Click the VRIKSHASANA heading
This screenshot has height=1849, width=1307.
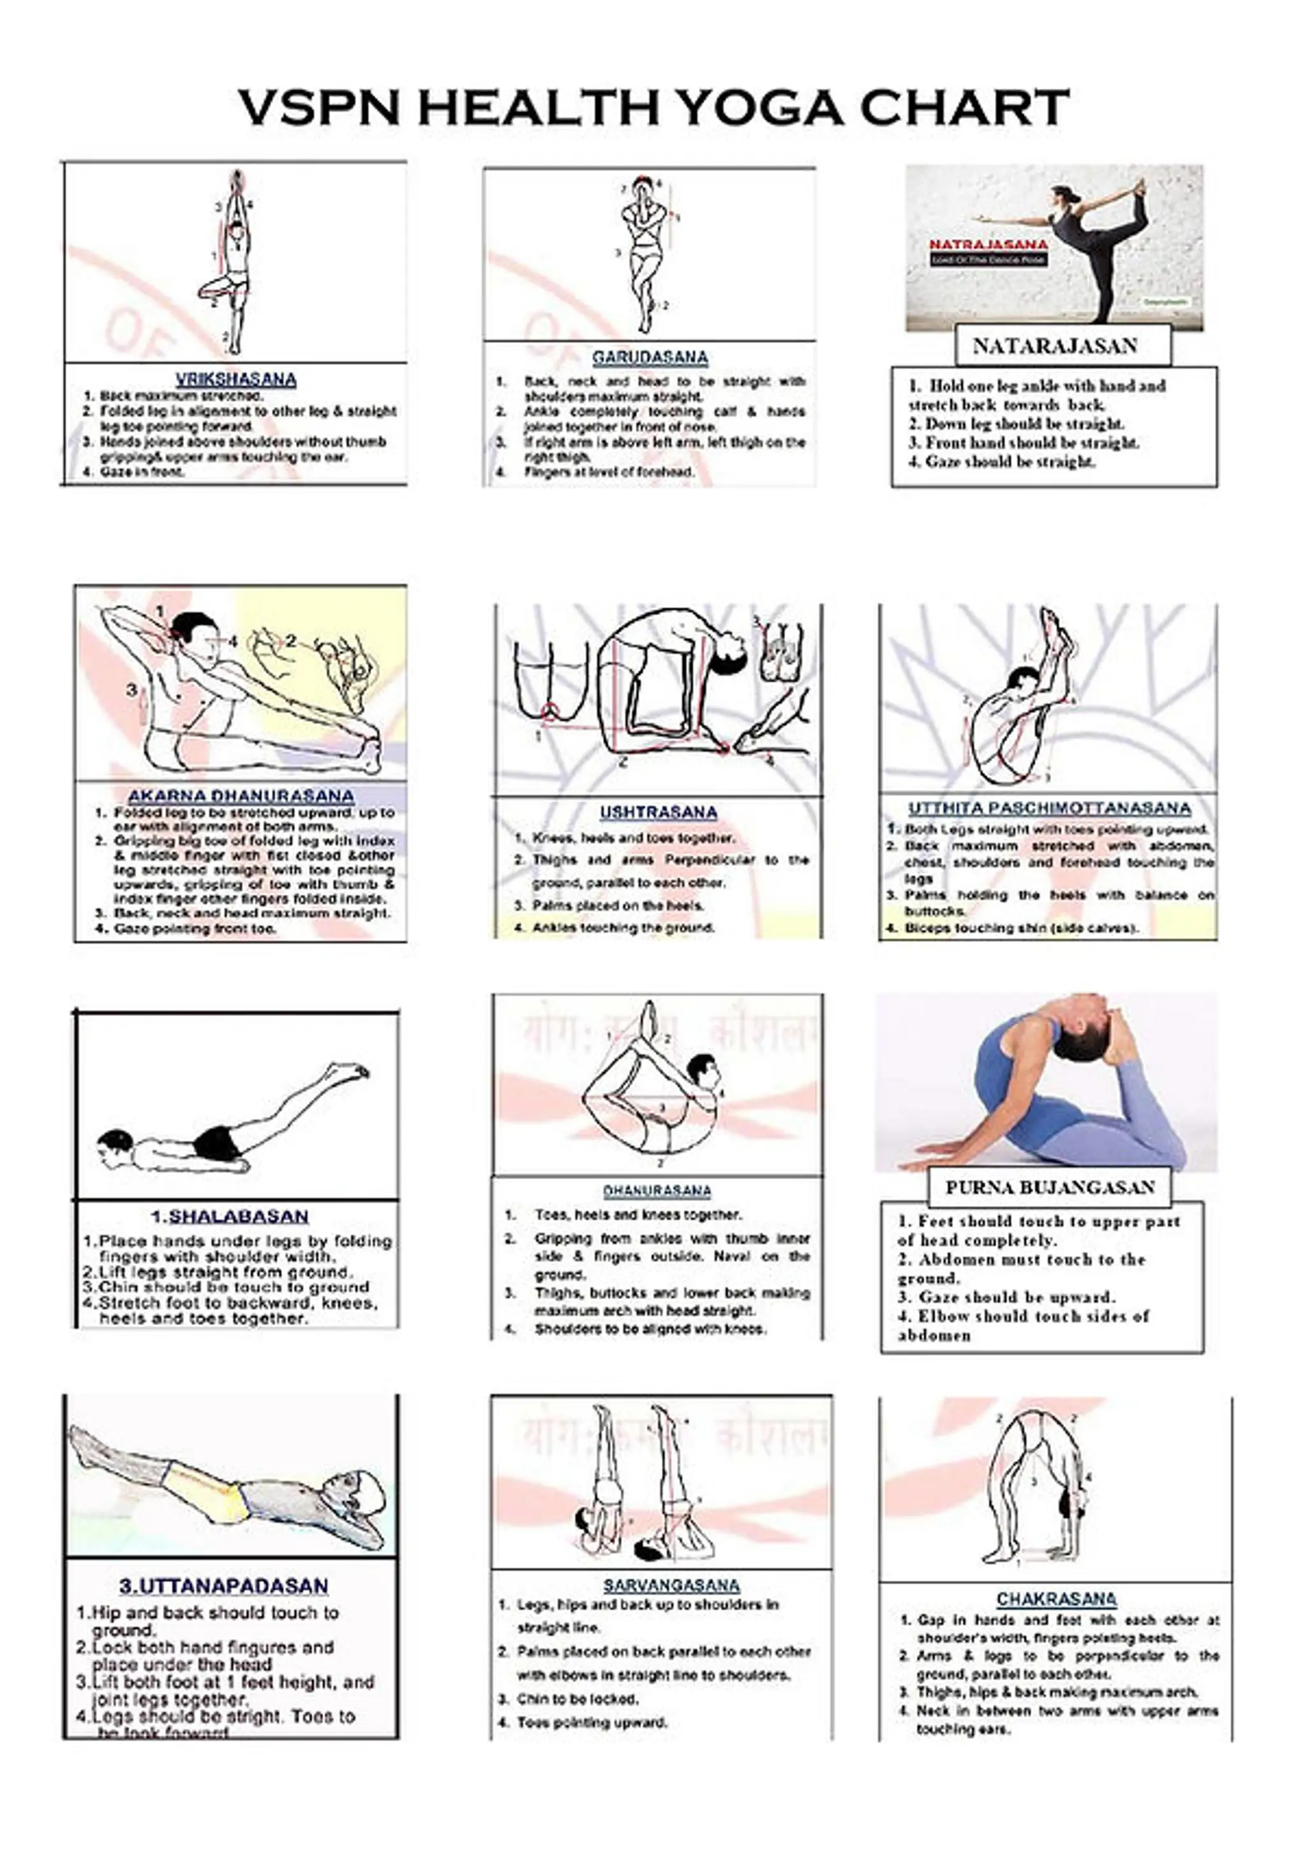click(x=236, y=378)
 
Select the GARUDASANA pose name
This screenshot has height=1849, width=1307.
click(x=650, y=357)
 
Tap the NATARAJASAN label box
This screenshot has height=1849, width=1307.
click(x=1054, y=346)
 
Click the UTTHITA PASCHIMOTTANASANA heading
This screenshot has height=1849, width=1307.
click(x=1049, y=808)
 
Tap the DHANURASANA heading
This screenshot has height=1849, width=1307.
click(x=657, y=1191)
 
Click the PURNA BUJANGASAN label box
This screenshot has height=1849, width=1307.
click(x=1049, y=1187)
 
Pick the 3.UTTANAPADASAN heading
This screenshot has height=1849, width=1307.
click(x=224, y=1585)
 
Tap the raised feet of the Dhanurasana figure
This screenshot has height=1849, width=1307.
click(x=649, y=1016)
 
